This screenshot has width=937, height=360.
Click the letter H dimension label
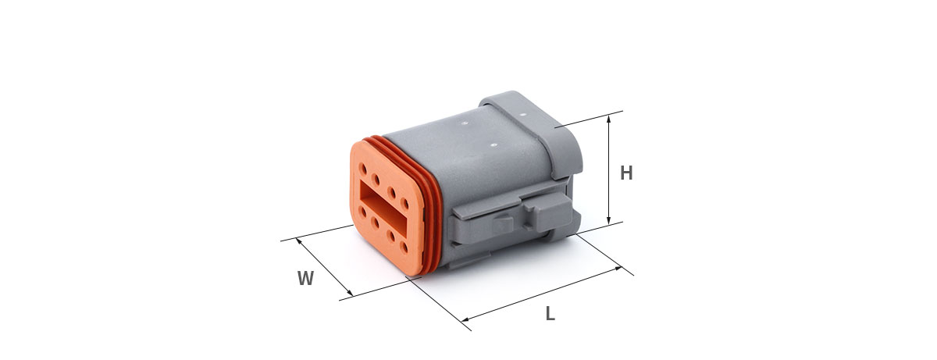point(626,173)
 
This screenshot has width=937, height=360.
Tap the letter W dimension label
point(306,278)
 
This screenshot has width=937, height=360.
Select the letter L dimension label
point(550,314)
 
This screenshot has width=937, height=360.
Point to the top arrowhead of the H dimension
point(608,119)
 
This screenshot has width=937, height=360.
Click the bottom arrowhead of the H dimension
point(608,220)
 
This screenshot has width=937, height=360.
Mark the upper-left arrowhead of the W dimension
point(299,241)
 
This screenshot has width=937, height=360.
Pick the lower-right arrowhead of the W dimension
point(349,292)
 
